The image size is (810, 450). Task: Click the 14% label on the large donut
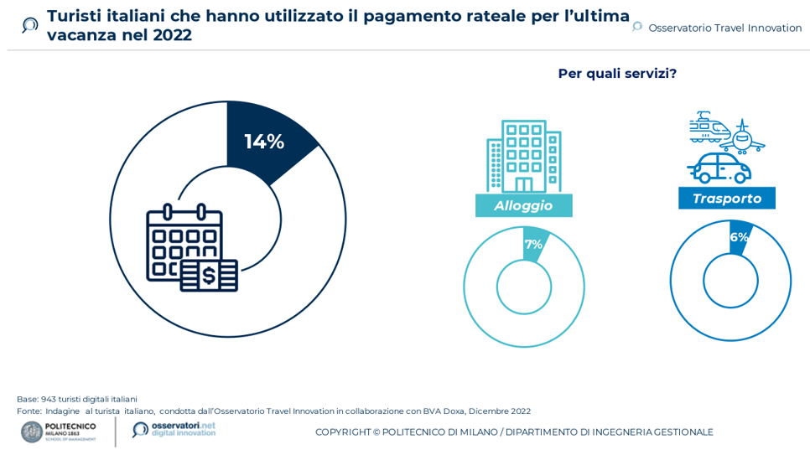click(x=264, y=142)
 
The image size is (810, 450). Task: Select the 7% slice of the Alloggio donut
click(x=534, y=244)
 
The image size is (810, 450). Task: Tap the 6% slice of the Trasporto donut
click(x=739, y=236)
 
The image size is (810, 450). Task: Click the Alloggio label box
click(x=523, y=205)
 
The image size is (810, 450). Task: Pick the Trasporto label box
click(x=726, y=199)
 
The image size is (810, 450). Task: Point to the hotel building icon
click(x=523, y=157)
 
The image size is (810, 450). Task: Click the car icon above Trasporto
click(x=719, y=168)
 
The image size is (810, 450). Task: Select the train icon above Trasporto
click(x=708, y=127)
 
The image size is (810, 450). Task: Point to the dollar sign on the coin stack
click(x=208, y=275)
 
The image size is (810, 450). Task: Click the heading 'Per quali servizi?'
click(x=617, y=74)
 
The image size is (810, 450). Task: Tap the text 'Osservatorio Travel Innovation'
click(x=724, y=28)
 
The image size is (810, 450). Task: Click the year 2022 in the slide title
click(x=172, y=35)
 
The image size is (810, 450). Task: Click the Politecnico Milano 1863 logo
click(x=59, y=432)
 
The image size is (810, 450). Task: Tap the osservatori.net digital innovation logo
click(x=174, y=429)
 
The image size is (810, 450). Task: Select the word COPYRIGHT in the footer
click(x=342, y=432)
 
